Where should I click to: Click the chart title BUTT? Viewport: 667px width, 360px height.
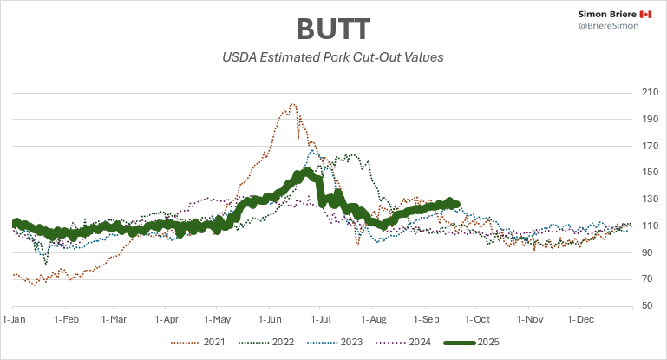pos(333,29)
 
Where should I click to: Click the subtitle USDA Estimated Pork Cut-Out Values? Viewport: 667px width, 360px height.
pos(333,59)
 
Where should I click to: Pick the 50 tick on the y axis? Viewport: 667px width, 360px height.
pos(648,305)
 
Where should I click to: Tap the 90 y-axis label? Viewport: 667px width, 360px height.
pos(648,252)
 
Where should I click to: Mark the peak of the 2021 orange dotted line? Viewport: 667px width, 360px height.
pos(292,104)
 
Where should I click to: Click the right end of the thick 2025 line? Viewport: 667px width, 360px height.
pos(457,205)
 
